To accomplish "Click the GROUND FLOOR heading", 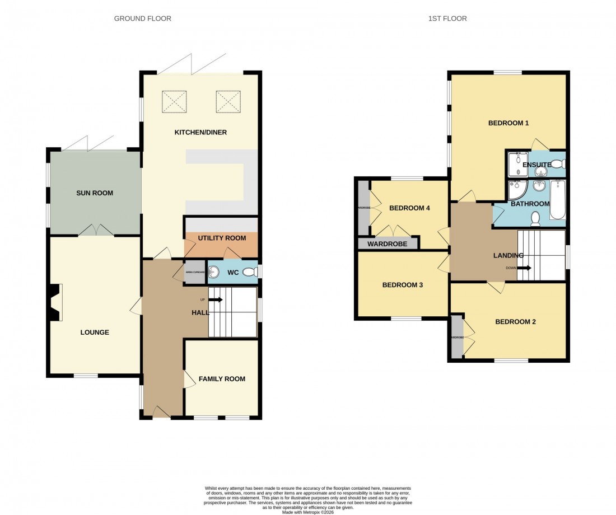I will [x=142, y=18].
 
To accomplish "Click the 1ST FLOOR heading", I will [x=447, y=18].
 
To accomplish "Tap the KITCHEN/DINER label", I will [x=200, y=132].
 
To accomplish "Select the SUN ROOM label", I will [x=95, y=193].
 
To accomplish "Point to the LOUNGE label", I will [x=95, y=332].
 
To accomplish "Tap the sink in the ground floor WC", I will [x=213, y=273].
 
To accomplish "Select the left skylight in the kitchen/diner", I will [x=174, y=102].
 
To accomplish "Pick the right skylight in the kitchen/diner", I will [x=227, y=102].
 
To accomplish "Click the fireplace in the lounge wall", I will [x=54, y=302].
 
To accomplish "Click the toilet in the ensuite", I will [x=558, y=164].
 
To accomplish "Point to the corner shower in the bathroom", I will [x=516, y=190].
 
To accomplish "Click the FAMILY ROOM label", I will [x=222, y=379].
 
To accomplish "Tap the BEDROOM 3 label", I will [x=402, y=285].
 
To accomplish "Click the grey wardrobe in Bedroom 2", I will [x=457, y=337].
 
